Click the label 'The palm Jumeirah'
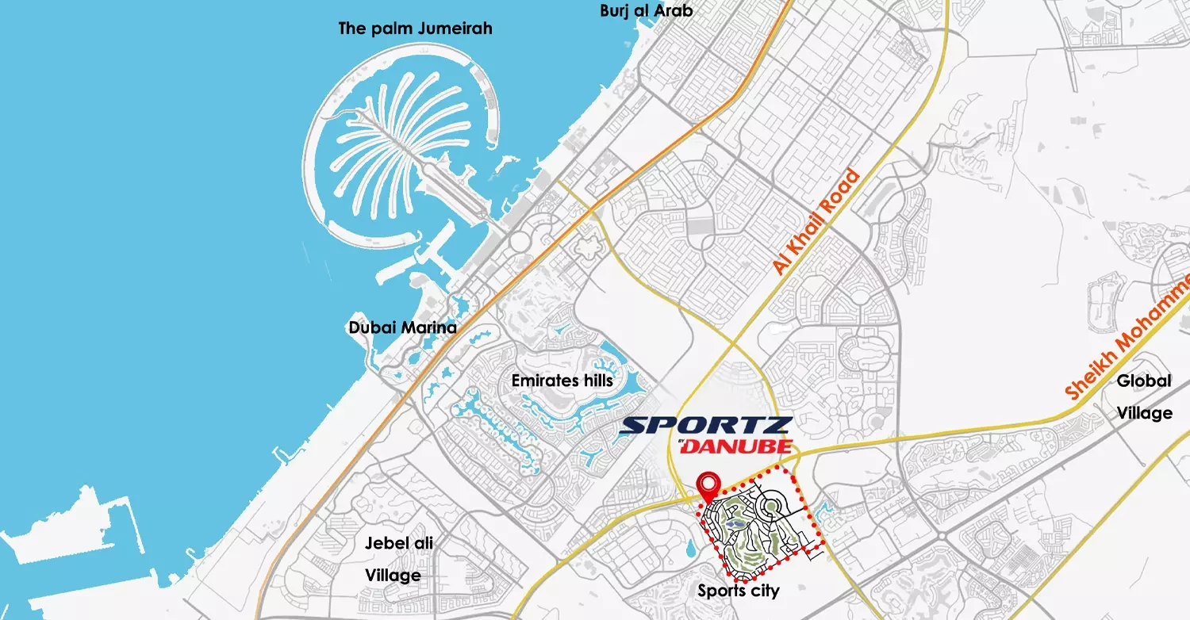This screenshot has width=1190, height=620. [x=415, y=29]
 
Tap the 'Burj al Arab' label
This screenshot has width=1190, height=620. [x=647, y=10]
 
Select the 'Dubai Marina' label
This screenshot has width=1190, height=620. [x=402, y=327]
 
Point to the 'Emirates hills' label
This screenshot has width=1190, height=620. [x=562, y=381]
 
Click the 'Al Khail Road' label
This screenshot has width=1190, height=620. [x=816, y=222]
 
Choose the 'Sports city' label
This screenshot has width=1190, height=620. [x=738, y=591]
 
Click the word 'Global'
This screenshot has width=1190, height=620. [x=1143, y=381]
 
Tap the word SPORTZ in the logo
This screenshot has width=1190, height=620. [x=705, y=426]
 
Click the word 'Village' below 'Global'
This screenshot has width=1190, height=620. [x=1144, y=413]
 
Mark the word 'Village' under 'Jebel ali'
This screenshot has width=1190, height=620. [x=393, y=575]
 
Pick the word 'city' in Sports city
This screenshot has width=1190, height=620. [x=764, y=591]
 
